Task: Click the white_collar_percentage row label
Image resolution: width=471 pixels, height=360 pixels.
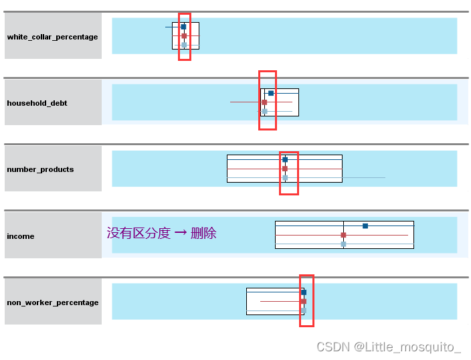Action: (52, 37)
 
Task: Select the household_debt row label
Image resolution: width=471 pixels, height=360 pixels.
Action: (37, 103)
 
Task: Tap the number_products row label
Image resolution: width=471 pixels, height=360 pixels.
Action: (40, 169)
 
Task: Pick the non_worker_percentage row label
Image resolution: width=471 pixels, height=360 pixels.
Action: (52, 302)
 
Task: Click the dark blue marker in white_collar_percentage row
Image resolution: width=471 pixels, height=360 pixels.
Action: (183, 27)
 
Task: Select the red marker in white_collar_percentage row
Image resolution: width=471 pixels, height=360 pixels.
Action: (184, 36)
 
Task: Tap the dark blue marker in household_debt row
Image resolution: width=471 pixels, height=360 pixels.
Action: (271, 93)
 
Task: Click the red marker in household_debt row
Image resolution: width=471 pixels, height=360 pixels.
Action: (264, 102)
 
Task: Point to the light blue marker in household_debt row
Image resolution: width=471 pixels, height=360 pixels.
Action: (264, 111)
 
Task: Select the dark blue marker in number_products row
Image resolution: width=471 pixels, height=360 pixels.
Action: (285, 160)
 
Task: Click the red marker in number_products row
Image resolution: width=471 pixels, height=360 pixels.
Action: (285, 169)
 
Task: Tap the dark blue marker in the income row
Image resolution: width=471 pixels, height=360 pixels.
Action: (365, 226)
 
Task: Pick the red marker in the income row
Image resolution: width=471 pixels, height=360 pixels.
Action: (343, 236)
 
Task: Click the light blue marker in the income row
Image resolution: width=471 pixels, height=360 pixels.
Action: (343, 244)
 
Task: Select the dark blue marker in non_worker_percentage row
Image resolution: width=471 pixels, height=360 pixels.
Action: (304, 292)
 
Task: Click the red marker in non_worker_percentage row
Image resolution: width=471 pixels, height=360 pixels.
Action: (303, 302)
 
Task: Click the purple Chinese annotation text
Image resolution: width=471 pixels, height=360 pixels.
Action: (161, 233)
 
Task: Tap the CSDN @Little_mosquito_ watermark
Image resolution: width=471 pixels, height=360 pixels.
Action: (389, 347)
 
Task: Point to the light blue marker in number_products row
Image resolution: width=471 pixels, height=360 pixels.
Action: (285, 178)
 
